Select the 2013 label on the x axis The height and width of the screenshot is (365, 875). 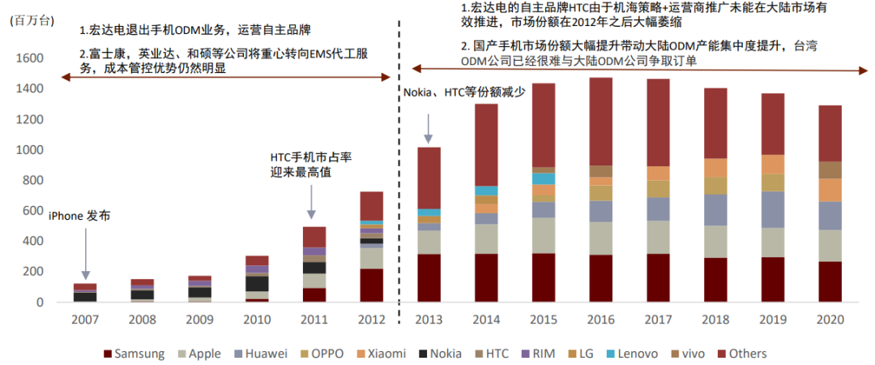click(429, 320)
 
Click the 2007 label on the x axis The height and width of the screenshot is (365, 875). click(86, 320)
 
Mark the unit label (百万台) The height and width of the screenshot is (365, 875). click(31, 22)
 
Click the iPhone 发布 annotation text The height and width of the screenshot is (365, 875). click(79, 216)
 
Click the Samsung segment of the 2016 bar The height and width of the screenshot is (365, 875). click(600, 278)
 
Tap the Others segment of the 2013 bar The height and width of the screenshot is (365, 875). click(429, 178)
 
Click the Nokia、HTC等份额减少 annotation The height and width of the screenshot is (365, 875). click(465, 92)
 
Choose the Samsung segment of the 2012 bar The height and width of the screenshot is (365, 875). click(372, 285)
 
